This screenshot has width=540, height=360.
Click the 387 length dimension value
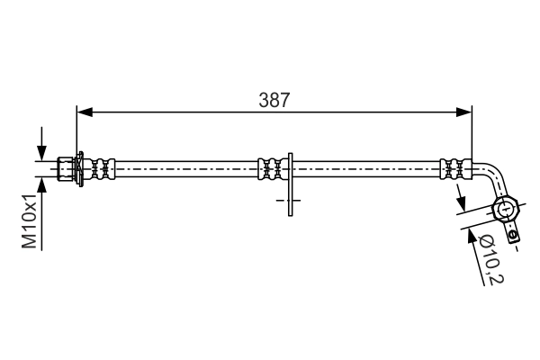click(x=274, y=102)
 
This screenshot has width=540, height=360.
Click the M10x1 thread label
click(x=31, y=220)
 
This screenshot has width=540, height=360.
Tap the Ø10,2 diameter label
click(x=490, y=259)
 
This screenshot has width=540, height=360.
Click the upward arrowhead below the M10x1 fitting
click(x=41, y=183)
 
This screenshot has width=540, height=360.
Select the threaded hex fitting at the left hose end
click(x=65, y=168)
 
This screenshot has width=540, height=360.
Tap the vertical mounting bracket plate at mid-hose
click(x=290, y=184)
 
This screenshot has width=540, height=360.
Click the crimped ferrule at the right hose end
click(x=454, y=168)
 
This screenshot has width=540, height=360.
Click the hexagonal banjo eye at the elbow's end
click(x=506, y=211)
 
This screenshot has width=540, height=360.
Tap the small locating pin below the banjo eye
click(x=513, y=236)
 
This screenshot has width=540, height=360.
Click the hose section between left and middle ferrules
click(x=184, y=168)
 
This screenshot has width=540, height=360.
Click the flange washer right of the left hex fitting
click(x=81, y=168)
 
